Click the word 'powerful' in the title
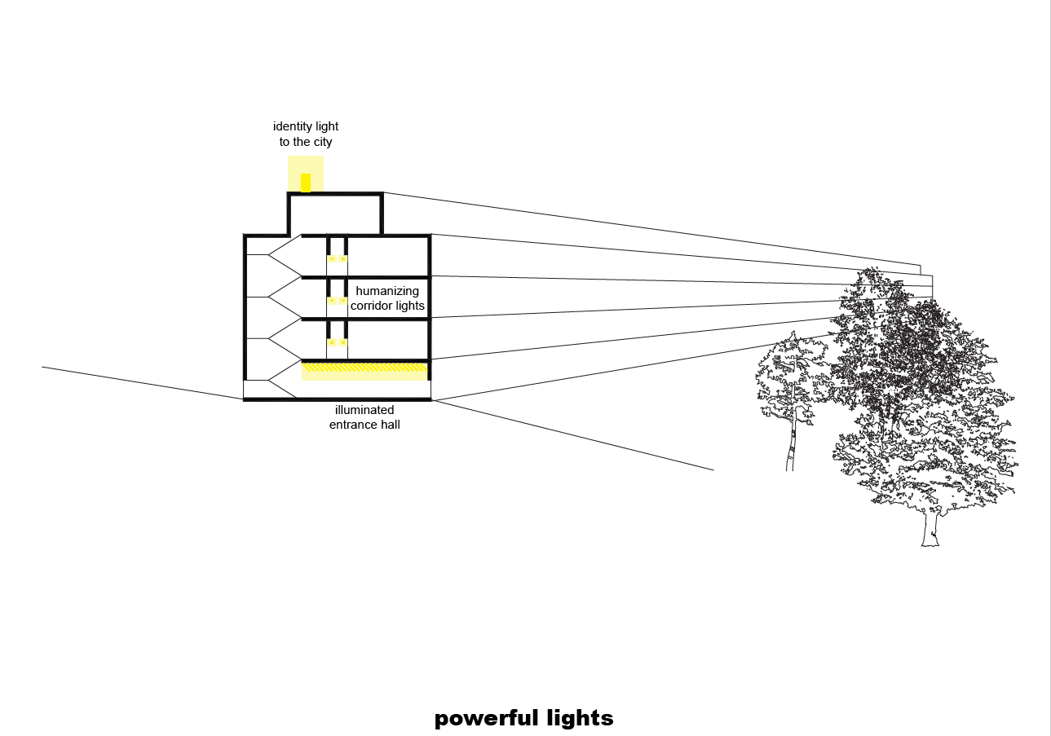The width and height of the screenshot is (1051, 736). [486, 719]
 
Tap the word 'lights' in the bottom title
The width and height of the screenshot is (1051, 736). [580, 719]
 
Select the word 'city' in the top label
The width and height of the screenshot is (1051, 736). [322, 142]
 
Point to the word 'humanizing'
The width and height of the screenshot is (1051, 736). [387, 291]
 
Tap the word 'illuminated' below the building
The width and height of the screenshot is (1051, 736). [364, 410]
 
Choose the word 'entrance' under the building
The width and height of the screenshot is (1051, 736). [352, 425]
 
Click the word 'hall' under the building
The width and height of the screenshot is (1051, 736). [390, 425]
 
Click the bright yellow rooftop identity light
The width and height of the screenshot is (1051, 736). [306, 183]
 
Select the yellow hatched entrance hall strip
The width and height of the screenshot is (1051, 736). [364, 368]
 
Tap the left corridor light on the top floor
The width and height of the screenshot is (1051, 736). [332, 258]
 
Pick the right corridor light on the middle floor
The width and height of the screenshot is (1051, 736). [343, 300]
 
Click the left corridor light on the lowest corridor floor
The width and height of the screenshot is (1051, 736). [332, 342]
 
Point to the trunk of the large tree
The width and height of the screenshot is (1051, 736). [930, 527]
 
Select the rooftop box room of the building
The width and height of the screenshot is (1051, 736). [335, 214]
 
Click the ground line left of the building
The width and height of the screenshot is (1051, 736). [142, 383]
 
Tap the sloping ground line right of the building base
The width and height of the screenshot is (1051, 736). [572, 435]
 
